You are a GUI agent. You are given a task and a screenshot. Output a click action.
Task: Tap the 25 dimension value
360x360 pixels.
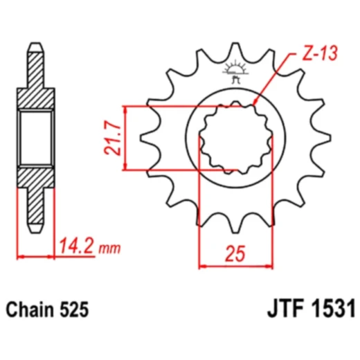click(x=235, y=253)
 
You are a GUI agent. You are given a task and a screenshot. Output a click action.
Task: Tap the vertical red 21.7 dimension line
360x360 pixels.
click(x=125, y=137)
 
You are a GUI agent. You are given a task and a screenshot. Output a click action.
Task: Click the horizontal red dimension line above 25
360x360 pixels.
click(x=234, y=264)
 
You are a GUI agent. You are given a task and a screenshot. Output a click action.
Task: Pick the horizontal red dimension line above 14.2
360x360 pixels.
click(x=35, y=257)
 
